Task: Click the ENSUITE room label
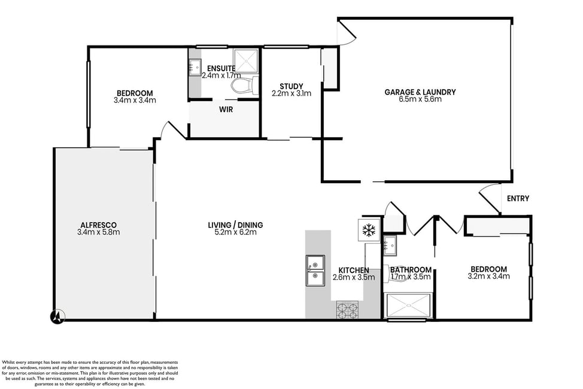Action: point(221,68)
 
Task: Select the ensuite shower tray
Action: point(245,60)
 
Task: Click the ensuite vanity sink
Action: point(195,67)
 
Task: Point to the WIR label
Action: point(226,110)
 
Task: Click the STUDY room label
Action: point(291,86)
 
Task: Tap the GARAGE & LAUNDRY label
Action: point(420,92)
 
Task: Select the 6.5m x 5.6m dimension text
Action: point(420,99)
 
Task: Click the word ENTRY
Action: point(518,199)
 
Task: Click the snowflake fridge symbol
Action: point(369,230)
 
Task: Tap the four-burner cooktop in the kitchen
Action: point(347,310)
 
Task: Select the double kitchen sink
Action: point(315,271)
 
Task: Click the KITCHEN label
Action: point(354,271)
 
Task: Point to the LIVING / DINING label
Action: point(235,225)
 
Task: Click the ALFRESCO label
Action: point(99,225)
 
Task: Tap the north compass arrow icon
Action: point(57,317)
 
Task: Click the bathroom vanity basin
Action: point(390,246)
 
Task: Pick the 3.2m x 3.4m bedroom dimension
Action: point(488,276)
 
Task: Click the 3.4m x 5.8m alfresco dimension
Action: point(99,232)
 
